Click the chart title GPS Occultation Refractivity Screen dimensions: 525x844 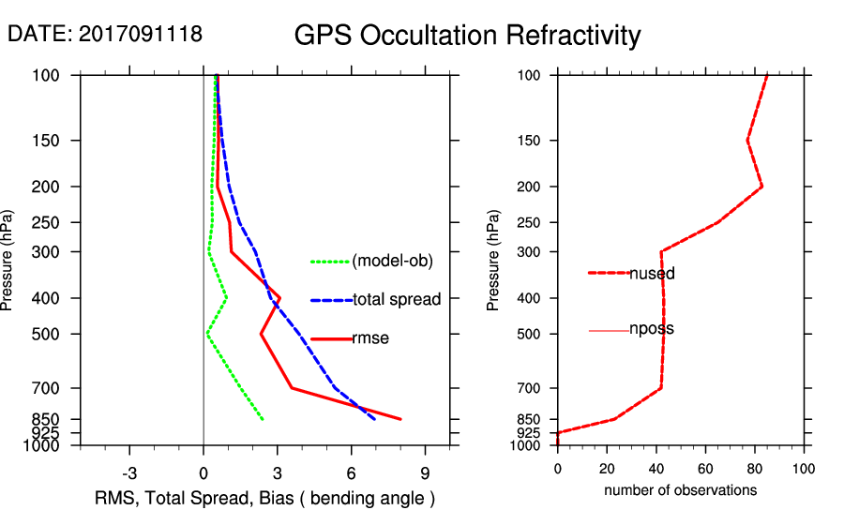point(467,36)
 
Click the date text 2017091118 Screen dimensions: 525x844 point(140,34)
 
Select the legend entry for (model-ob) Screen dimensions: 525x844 point(393,262)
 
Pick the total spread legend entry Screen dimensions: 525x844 point(397,300)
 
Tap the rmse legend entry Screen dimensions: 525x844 point(370,338)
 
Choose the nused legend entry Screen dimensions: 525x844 point(652,274)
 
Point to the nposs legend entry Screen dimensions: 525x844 point(652,329)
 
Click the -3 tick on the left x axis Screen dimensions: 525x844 point(129,473)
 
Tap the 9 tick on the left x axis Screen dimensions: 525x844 point(425,473)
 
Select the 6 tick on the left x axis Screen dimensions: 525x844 point(351,473)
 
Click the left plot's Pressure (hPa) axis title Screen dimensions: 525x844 point(8,260)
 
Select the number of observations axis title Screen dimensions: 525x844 point(680,490)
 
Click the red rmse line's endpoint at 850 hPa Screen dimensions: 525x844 point(401,419)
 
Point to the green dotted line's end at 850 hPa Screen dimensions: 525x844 point(263,419)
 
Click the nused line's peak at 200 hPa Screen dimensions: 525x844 point(761,187)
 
